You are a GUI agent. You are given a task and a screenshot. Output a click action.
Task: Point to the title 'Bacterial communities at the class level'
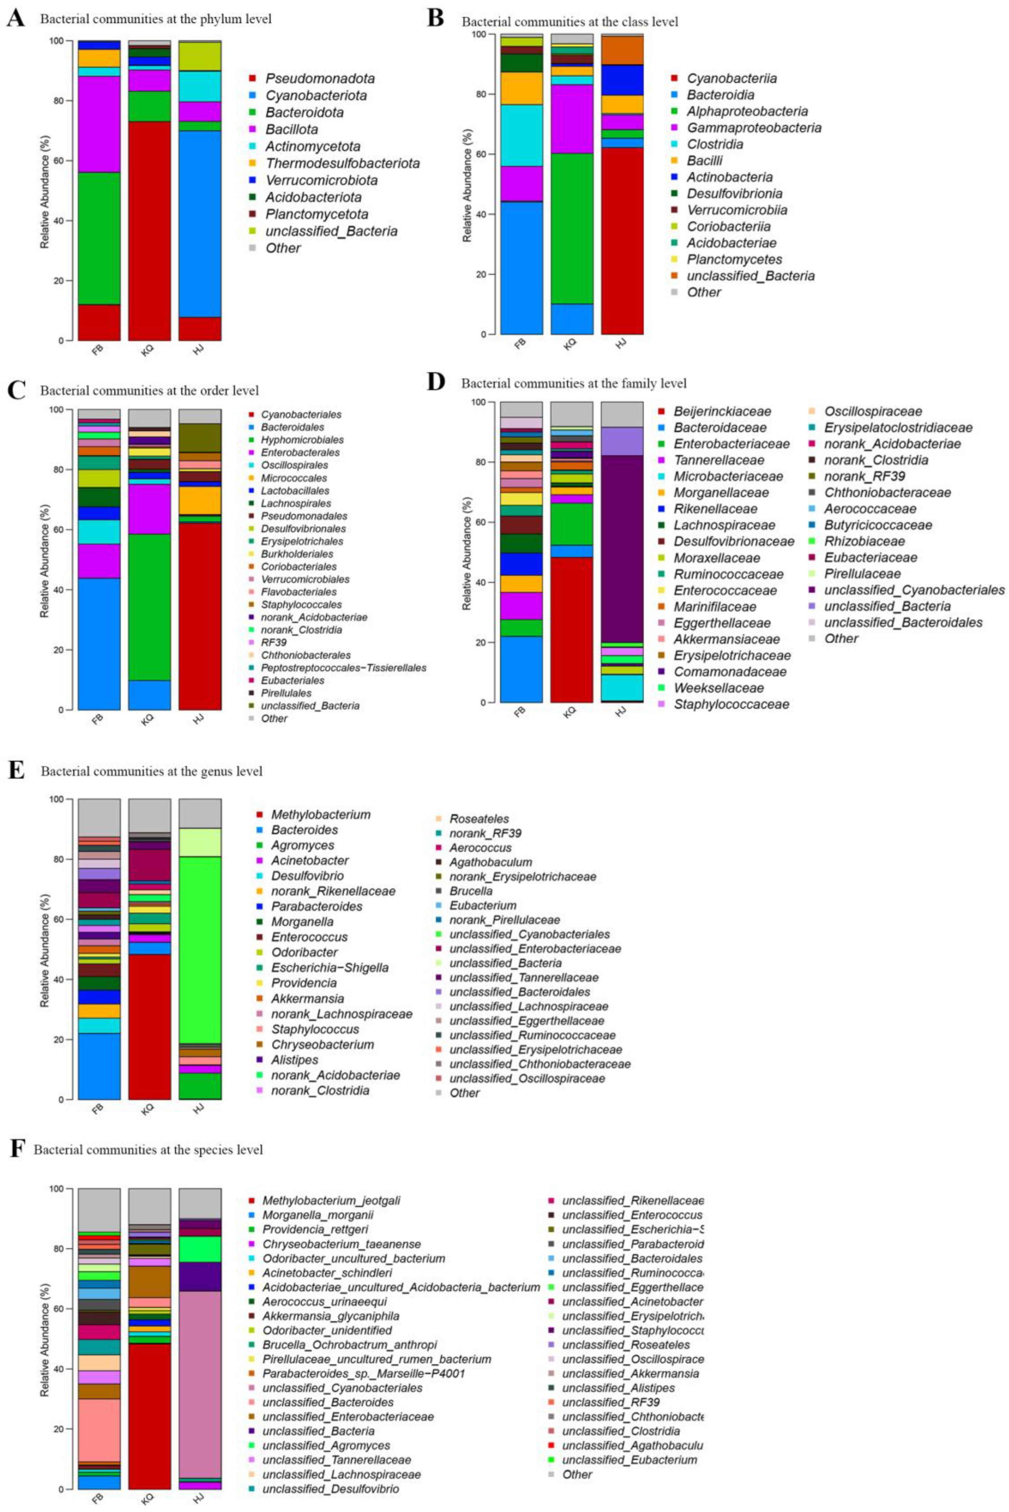570,22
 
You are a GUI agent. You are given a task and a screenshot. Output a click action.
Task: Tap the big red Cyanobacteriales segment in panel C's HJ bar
200,616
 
